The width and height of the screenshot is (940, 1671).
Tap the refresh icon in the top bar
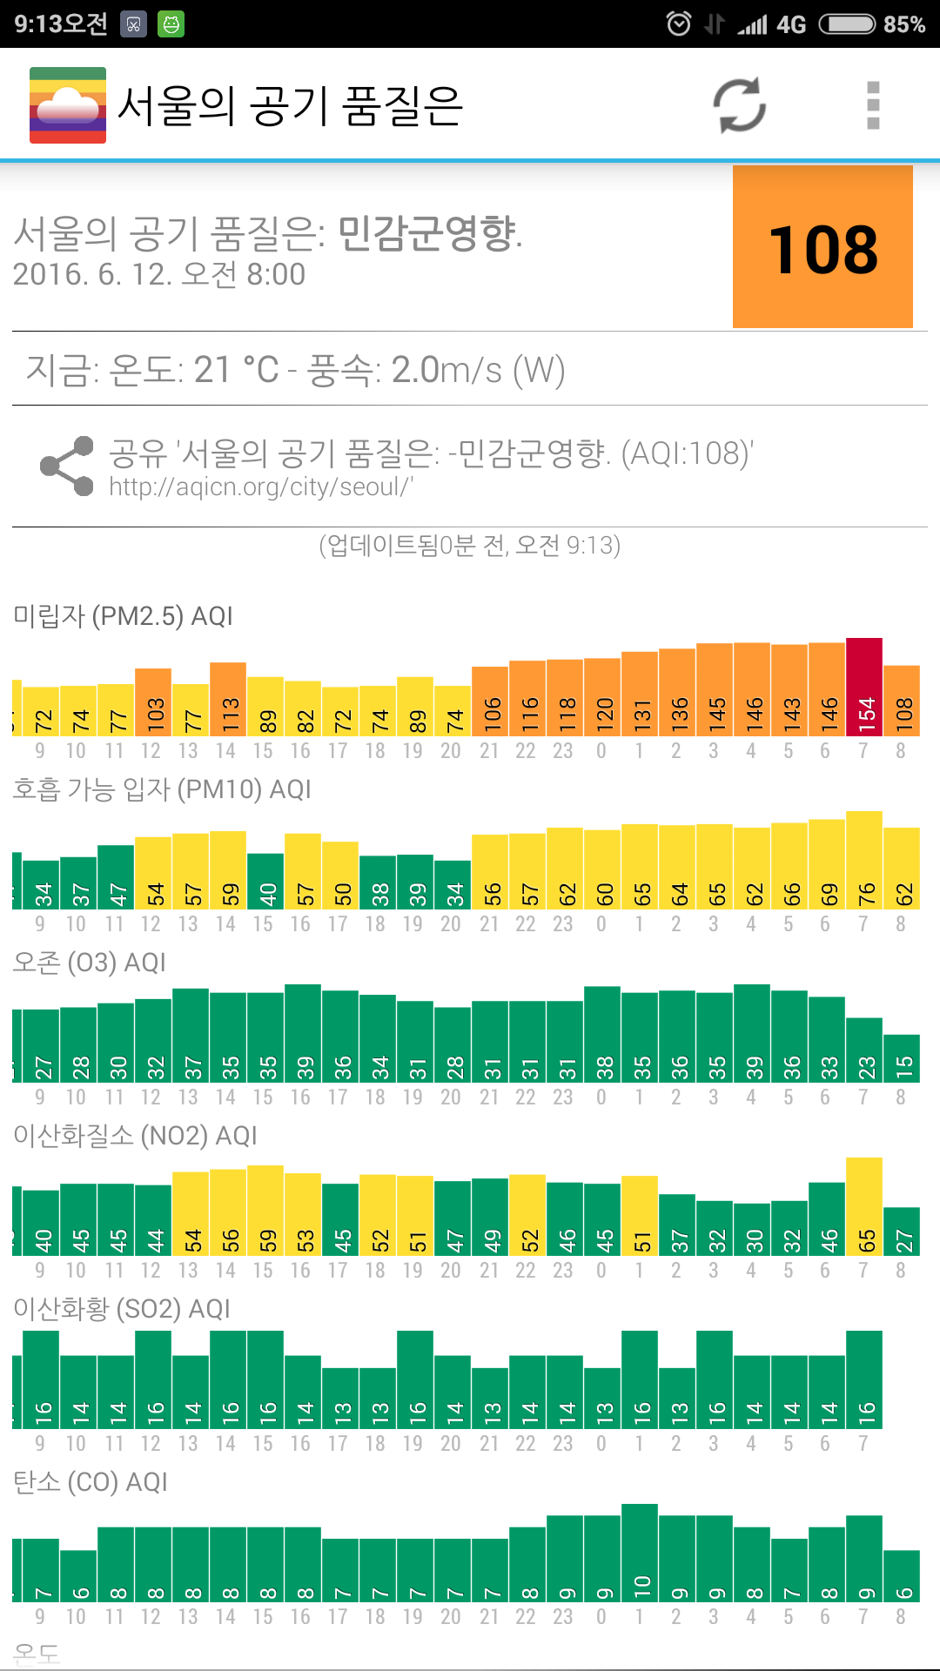point(740,105)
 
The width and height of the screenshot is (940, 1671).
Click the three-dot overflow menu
point(873,105)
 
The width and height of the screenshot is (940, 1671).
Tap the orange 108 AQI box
point(822,247)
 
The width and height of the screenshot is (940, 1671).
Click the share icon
point(67,466)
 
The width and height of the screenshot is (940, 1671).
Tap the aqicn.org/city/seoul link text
point(261,487)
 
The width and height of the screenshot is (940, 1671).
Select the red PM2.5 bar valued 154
point(864,688)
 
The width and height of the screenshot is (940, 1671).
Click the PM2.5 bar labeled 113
point(228,700)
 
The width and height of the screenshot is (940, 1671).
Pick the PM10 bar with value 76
point(864,861)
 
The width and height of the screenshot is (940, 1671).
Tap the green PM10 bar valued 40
point(265,881)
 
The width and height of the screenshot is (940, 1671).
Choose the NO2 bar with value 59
point(265,1211)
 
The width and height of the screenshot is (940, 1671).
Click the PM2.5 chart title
point(123,616)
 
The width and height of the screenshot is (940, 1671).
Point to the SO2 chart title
point(122,1309)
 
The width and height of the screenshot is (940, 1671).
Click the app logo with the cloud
point(68,105)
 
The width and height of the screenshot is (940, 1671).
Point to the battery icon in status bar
point(847,23)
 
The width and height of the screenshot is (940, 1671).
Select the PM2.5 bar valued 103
point(153,702)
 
